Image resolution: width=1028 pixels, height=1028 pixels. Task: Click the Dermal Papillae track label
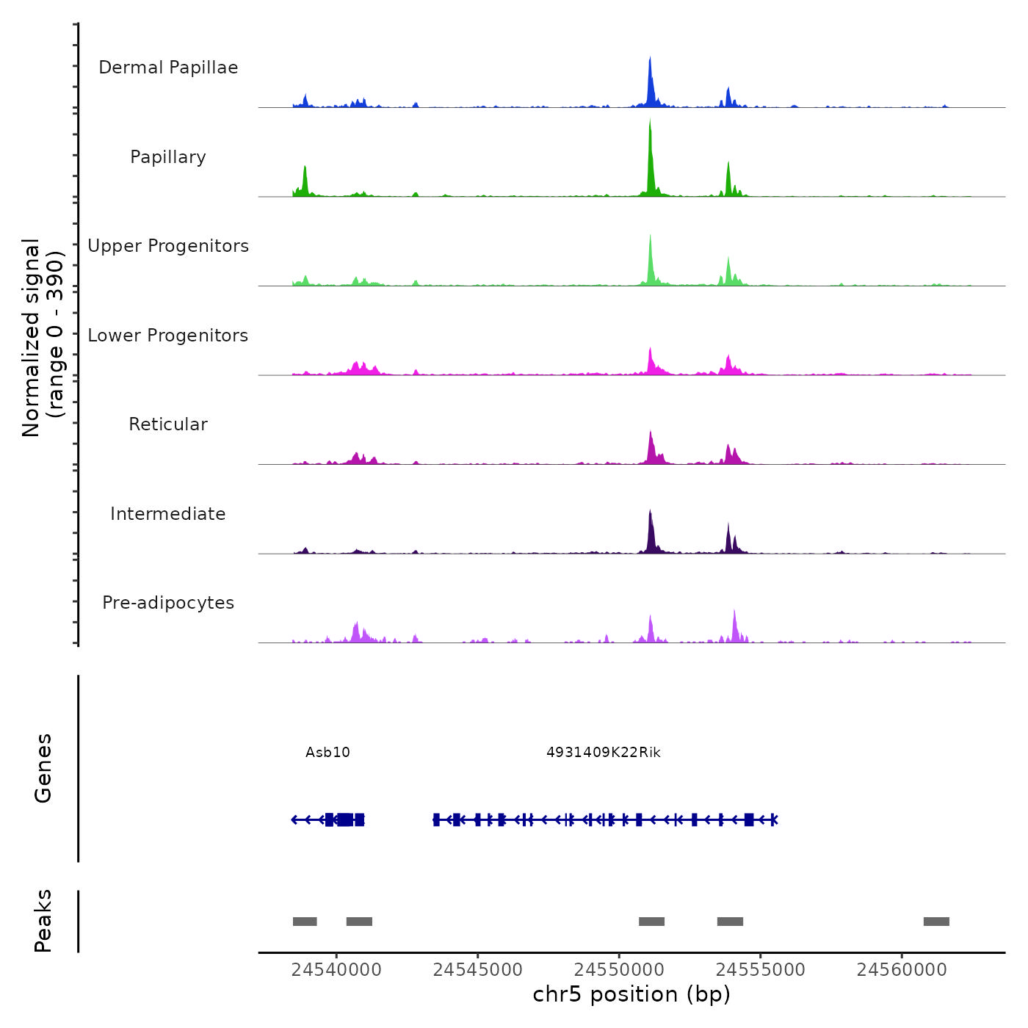pyautogui.click(x=168, y=68)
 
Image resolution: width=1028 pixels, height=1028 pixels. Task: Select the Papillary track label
pyautogui.click(x=168, y=157)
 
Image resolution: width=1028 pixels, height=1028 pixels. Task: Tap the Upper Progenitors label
pyautogui.click(x=168, y=246)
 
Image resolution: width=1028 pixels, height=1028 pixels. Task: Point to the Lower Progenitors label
pyautogui.click(x=168, y=336)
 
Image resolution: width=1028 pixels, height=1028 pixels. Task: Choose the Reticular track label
pyautogui.click(x=168, y=424)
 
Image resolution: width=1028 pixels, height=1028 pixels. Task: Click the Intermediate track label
pyautogui.click(x=168, y=514)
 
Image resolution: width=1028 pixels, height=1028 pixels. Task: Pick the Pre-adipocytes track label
pyautogui.click(x=168, y=603)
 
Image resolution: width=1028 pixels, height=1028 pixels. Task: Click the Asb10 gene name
pyautogui.click(x=327, y=753)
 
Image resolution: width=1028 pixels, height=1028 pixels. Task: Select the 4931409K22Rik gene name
pyautogui.click(x=604, y=753)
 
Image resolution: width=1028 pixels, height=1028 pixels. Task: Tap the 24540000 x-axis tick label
pyautogui.click(x=336, y=970)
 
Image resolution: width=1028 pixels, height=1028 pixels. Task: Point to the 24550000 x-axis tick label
pyautogui.click(x=619, y=970)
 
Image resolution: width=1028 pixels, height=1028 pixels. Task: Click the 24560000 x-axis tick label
pyautogui.click(x=902, y=970)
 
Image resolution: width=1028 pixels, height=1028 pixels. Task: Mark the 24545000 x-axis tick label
pyautogui.click(x=478, y=970)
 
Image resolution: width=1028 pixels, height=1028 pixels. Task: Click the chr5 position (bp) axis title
pyautogui.click(x=631, y=995)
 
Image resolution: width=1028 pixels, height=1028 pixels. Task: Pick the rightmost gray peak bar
pyautogui.click(x=936, y=922)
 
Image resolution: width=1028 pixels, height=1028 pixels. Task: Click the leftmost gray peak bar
pyautogui.click(x=305, y=922)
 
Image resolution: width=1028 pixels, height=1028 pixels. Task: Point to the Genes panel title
pyautogui.click(x=43, y=768)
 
